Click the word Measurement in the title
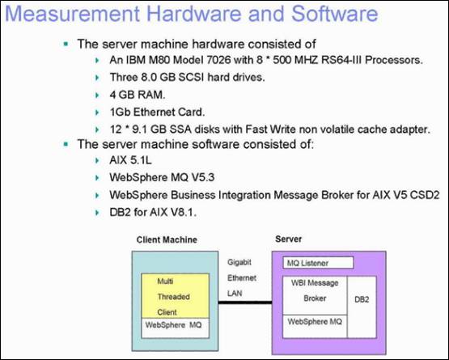(x=73, y=14)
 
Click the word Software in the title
(x=335, y=14)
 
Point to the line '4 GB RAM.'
(x=138, y=95)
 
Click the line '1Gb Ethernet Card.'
(x=157, y=112)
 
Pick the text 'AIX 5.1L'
(x=130, y=160)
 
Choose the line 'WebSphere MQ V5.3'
(x=162, y=177)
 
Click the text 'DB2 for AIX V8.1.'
(x=153, y=213)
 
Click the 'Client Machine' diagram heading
(x=167, y=239)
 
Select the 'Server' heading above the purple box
(x=288, y=239)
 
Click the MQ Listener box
(x=318, y=263)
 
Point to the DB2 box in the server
(x=362, y=307)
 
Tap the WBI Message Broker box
(x=315, y=295)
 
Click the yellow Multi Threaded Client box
(x=176, y=296)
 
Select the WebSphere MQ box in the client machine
(x=176, y=328)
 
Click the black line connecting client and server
(x=245, y=303)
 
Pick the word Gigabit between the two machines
(x=239, y=262)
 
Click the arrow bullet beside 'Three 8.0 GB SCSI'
(x=97, y=78)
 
